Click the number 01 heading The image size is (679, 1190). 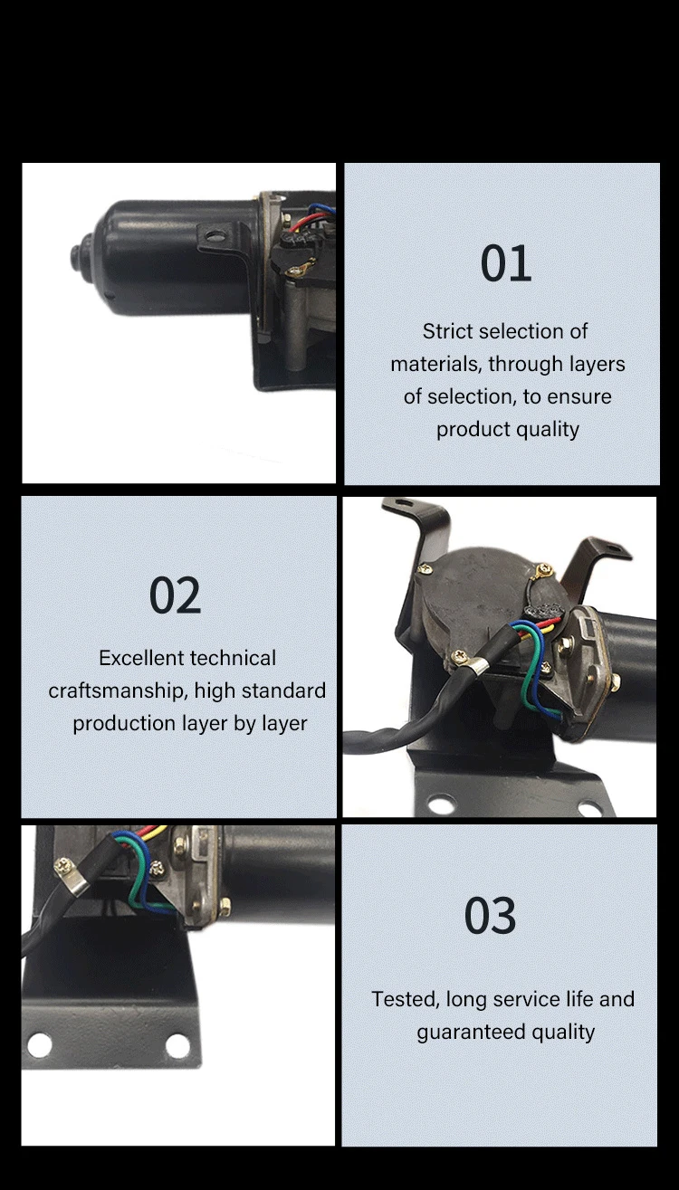tap(506, 264)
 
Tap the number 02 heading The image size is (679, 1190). tap(175, 596)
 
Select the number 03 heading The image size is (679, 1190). tap(490, 916)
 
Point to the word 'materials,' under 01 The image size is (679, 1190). tap(436, 364)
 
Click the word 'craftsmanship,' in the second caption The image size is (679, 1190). tap(118, 690)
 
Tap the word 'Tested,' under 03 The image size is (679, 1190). tap(405, 999)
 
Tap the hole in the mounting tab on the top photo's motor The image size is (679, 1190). tap(214, 238)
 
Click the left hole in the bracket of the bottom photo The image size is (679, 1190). tap(39, 1045)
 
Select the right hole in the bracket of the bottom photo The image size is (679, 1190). tap(177, 1045)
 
